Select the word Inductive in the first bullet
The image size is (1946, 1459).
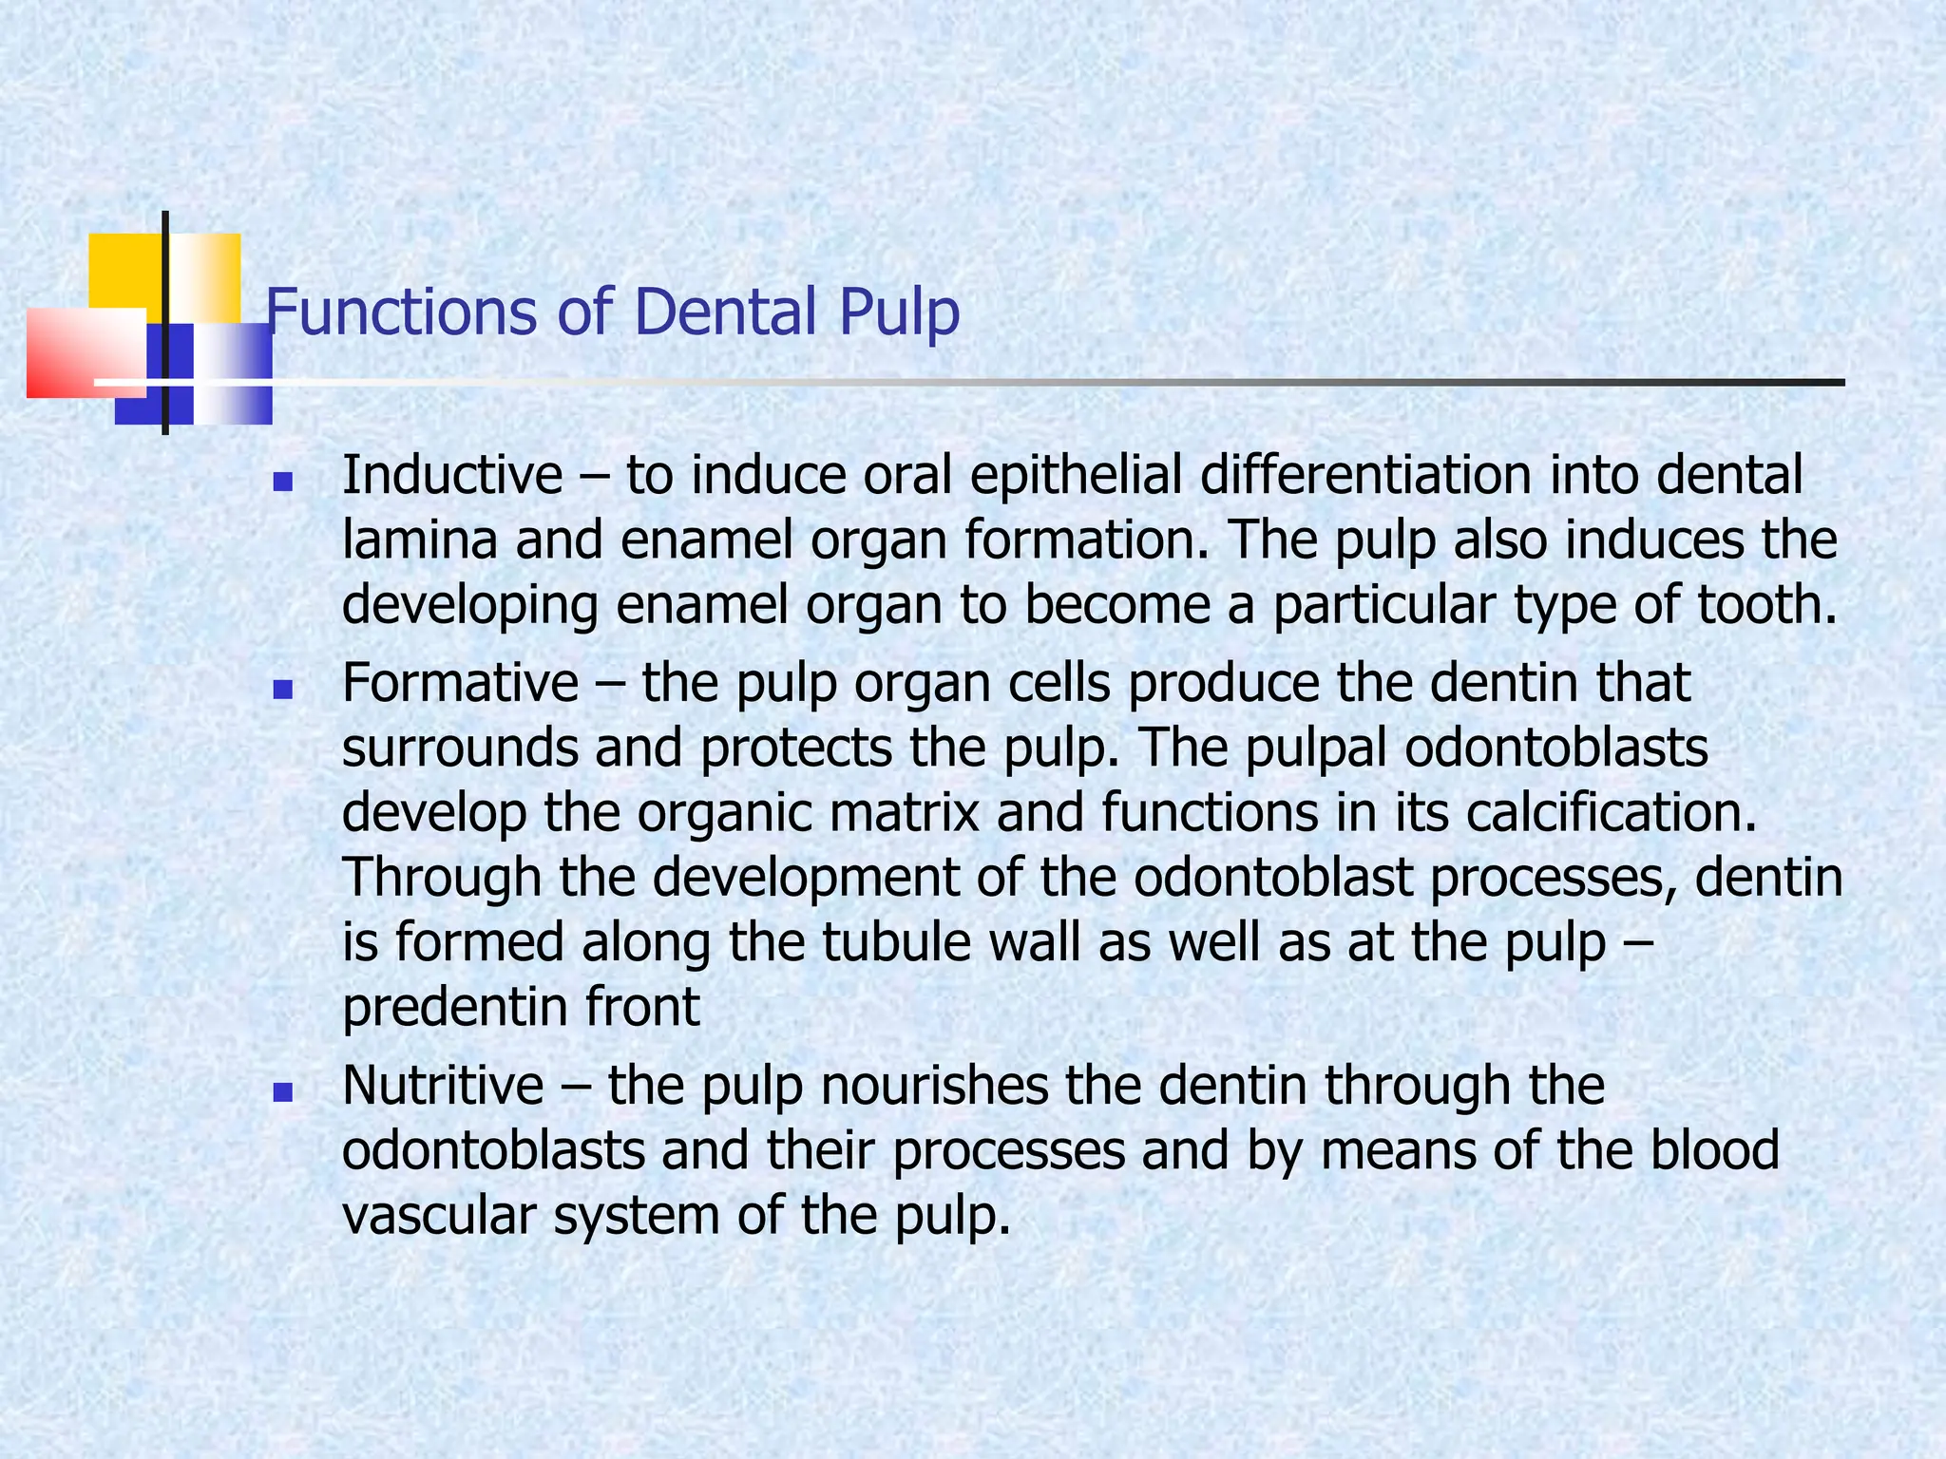(452, 475)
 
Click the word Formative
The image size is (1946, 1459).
(460, 682)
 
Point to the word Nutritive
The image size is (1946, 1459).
(443, 1085)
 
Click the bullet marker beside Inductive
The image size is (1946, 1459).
(282, 483)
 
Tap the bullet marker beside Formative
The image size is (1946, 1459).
(282, 690)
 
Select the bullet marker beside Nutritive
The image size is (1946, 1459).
(282, 1093)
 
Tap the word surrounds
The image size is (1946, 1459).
(459, 748)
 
